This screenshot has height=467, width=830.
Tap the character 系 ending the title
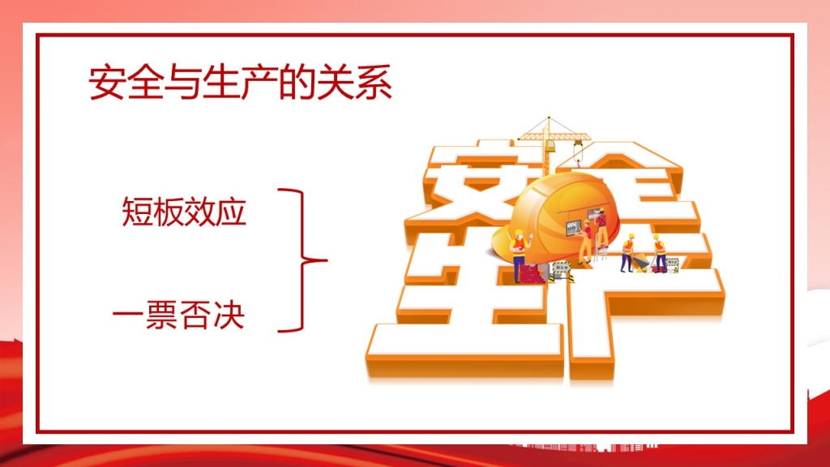point(374,83)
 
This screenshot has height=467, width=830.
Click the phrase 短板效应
point(184,212)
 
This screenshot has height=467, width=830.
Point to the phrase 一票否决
point(179,315)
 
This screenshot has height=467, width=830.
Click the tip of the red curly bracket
point(327,260)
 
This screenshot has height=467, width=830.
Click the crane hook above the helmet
point(579,152)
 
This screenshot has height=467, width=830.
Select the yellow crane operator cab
point(551,146)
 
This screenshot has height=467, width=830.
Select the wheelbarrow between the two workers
point(642,262)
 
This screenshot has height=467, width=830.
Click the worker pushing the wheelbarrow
point(628,253)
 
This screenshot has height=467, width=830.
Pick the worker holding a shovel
point(658,253)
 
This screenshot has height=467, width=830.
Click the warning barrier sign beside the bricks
point(561,271)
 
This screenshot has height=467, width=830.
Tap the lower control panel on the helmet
point(573,228)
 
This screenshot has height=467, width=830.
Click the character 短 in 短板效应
point(138,212)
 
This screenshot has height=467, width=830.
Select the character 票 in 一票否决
point(162,315)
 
